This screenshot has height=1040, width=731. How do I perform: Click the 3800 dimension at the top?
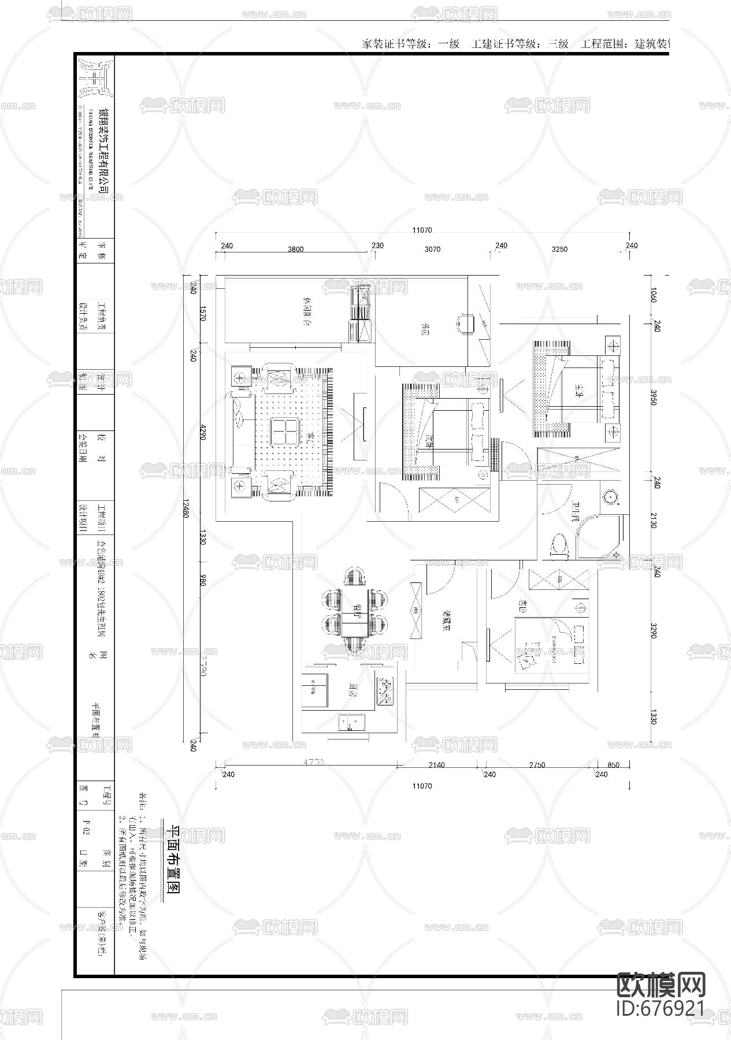(295, 249)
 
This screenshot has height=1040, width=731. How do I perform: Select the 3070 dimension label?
(432, 249)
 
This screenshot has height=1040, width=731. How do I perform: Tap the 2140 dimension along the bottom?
(436, 765)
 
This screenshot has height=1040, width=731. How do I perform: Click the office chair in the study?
(467, 323)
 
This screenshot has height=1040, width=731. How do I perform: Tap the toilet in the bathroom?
(559, 545)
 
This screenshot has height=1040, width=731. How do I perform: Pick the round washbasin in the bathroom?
(610, 496)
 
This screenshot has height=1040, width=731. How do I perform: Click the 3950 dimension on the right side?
(653, 397)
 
